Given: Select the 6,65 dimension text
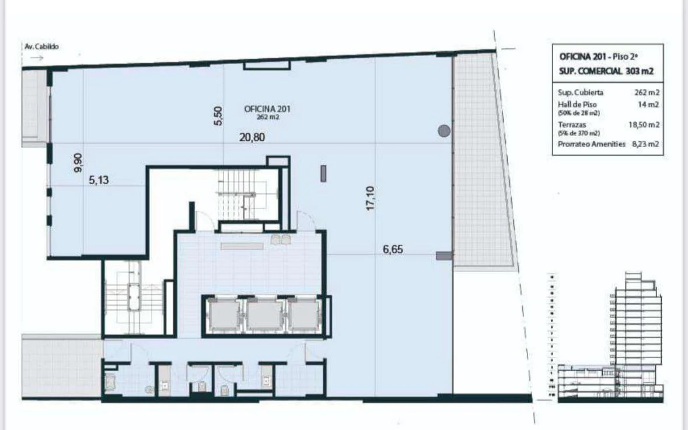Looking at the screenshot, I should tap(393, 249).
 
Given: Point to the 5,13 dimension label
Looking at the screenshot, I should tap(99, 181).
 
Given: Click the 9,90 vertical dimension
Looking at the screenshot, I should tap(78, 162).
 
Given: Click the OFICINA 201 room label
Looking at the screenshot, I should tap(267, 109).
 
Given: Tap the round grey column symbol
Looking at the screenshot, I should tap(444, 131).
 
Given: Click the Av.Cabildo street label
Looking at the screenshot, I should tap(41, 47).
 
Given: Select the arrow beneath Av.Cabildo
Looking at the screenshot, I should tap(36, 58).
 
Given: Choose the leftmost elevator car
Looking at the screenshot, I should tap(225, 315).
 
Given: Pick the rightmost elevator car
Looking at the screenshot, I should tap(303, 315).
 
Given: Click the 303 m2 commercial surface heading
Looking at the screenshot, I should tap(606, 71).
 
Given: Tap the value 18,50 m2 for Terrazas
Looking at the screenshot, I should tap(644, 124).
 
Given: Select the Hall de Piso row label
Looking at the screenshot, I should tap(577, 104).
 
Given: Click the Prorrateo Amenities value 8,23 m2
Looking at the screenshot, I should tap(645, 144).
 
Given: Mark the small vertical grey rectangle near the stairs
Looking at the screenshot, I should tap(323, 173).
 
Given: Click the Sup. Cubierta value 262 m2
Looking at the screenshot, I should tap(647, 92).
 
